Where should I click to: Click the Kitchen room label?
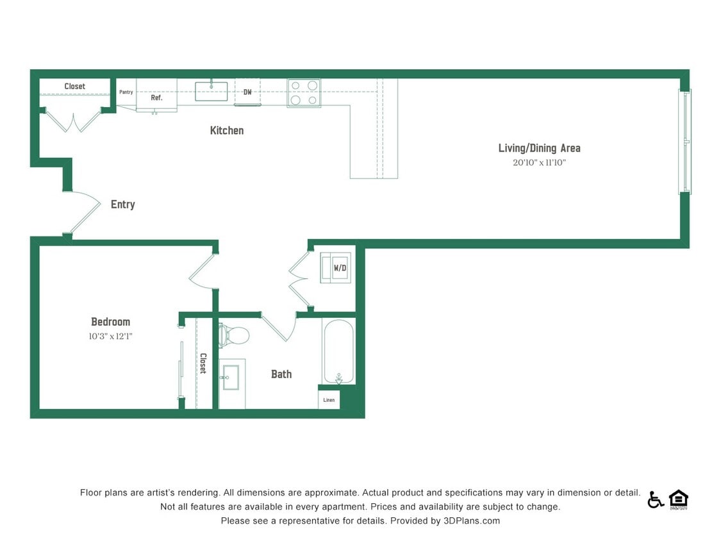pos(227,131)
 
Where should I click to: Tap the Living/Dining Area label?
pos(539,148)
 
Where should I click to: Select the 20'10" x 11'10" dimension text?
pos(539,163)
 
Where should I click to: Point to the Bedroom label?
pos(110,322)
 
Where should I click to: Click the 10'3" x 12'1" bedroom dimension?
pos(110,336)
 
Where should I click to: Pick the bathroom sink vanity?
pos(231,378)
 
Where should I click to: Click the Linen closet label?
pos(329,400)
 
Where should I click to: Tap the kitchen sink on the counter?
pos(211,91)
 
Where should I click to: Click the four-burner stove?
pos(304,92)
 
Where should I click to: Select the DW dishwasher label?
pos(247,92)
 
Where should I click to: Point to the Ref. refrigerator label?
pos(156,98)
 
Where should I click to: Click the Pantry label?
pos(126,92)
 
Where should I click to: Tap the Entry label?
pos(122,204)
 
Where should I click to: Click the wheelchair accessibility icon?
pos(655,499)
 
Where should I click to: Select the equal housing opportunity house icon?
pos(678,499)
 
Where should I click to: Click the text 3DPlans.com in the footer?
pos(471,521)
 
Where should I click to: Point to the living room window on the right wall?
pos(685,142)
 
